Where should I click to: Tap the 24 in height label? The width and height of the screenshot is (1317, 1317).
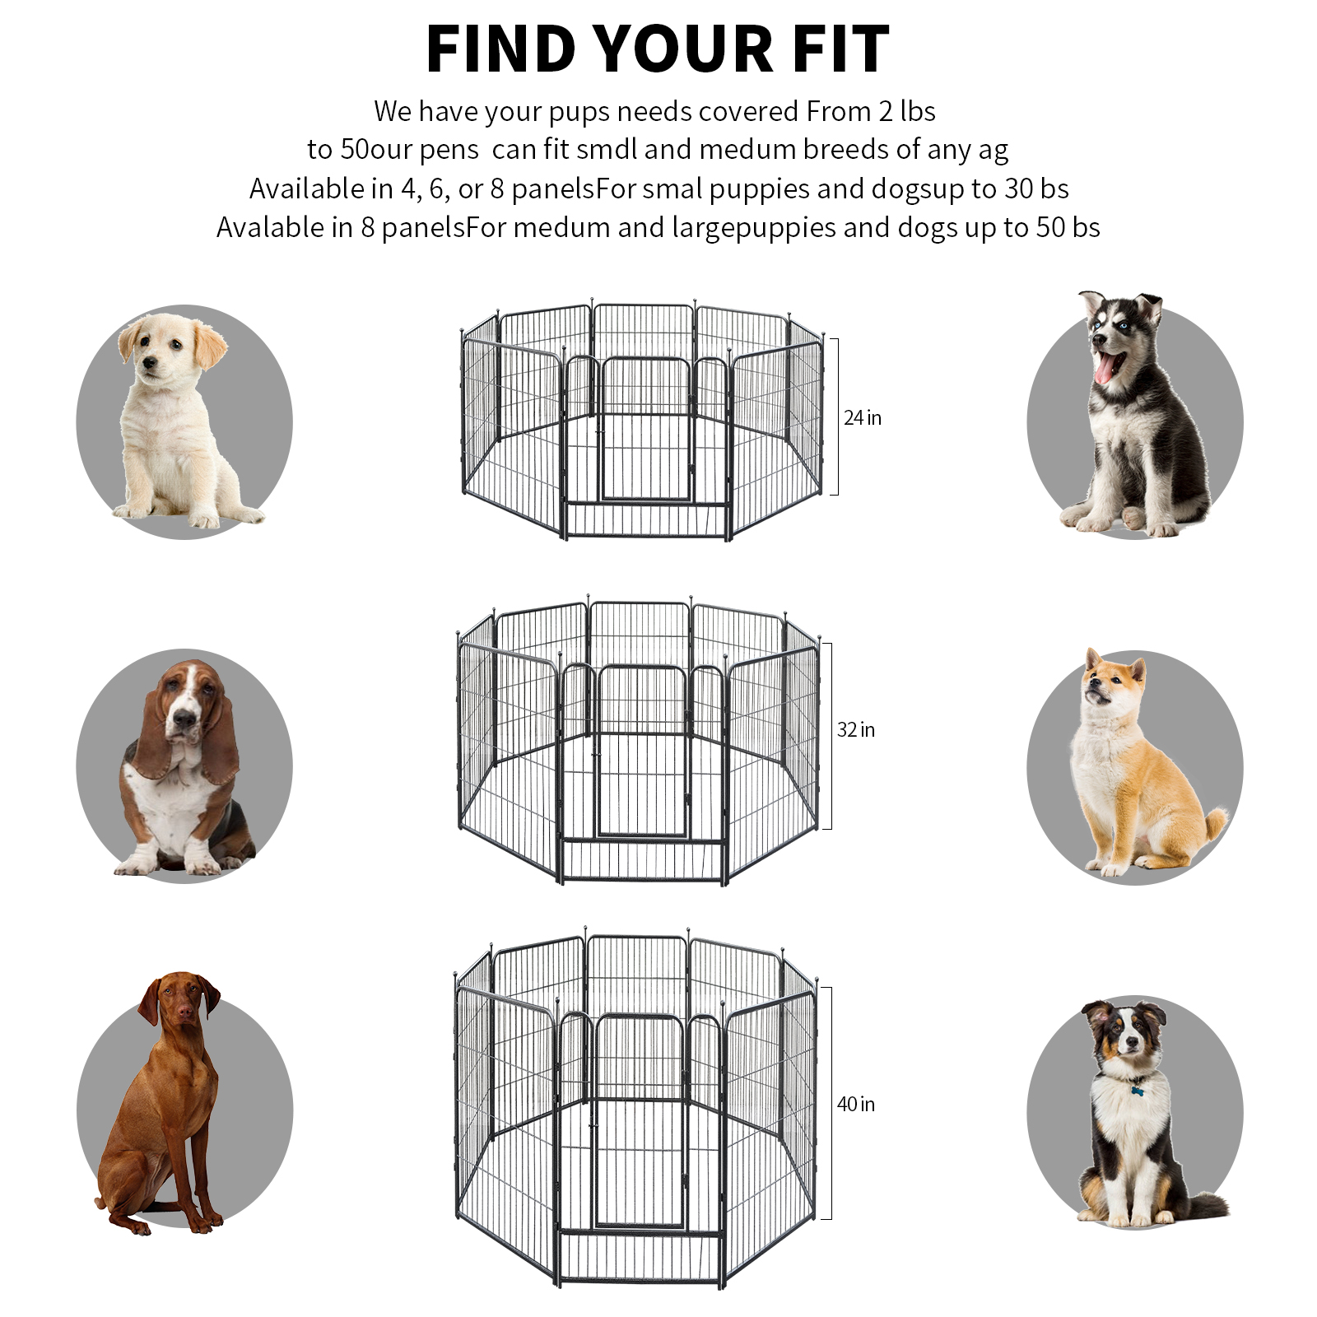point(862,418)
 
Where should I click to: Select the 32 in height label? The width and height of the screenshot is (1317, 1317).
point(855,730)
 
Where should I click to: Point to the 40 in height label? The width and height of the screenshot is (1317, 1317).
point(855,1105)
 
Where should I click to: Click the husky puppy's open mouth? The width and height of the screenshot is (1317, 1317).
point(1106,367)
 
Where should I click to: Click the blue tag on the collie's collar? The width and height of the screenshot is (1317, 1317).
point(1138,1091)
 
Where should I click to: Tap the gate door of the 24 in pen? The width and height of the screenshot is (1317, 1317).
point(645,429)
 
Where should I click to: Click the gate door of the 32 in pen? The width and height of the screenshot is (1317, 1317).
point(641,751)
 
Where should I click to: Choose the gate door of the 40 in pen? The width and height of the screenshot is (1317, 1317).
point(639,1120)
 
